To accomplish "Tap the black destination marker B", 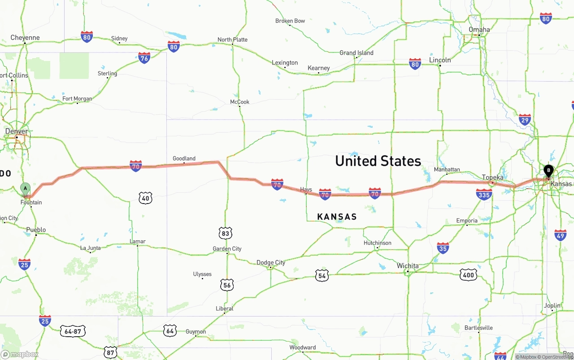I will pos(548,171).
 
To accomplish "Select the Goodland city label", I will pos(184,158).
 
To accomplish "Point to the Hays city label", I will pos(306,190).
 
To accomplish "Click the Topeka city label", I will pos(492,177).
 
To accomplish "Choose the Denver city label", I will pos(17,131).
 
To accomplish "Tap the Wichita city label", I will pos(408,266).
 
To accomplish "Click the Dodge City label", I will pos(270,263).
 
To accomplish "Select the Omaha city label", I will pos(479,30).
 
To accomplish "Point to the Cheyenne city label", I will pos(25,38).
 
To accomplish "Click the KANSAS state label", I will pos(337,217).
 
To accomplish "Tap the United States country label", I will pos(378,161).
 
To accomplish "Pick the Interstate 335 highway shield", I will pos(484,194).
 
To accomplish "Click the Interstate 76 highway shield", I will pos(144,57).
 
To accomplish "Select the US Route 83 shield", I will pos(226,233).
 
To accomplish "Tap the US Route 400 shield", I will pos(468,275).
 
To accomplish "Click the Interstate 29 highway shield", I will pos(525,119).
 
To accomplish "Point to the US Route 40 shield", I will pos(145,198).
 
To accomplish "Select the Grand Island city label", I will pos(356,53).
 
